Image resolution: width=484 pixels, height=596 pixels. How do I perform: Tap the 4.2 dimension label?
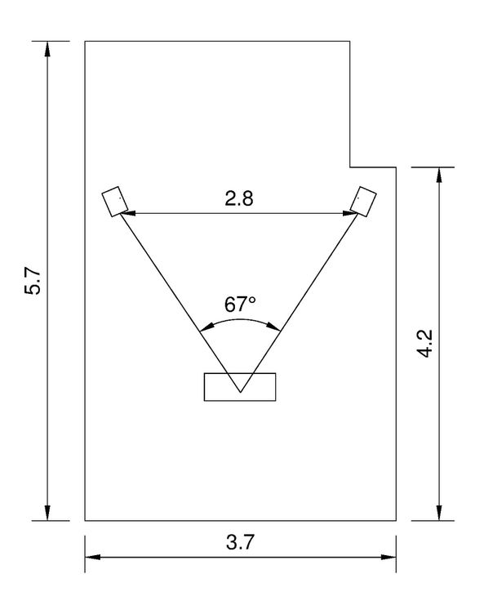424,343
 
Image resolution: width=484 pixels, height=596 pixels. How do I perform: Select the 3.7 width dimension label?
240,542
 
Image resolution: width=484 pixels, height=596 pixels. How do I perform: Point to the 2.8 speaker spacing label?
239,198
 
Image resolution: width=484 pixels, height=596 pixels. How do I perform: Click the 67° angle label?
240,304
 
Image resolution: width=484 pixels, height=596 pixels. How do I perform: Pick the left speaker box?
115,201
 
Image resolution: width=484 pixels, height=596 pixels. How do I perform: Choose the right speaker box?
363,202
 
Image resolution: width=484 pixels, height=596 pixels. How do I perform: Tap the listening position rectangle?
240,387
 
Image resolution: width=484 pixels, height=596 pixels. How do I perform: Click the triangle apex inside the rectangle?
240,392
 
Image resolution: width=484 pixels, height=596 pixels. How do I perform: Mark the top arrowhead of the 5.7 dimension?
47,48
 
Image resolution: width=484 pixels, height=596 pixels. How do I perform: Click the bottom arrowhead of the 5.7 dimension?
47,513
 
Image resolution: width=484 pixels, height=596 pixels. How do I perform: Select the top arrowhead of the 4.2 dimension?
440,175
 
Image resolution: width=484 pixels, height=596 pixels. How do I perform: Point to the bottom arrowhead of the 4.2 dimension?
440,513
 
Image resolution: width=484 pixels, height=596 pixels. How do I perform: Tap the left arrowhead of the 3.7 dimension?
92,558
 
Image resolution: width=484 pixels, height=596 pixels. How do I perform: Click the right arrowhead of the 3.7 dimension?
389,558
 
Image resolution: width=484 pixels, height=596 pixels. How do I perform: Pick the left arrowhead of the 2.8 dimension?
127,214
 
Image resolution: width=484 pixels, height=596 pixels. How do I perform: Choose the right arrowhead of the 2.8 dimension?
350,214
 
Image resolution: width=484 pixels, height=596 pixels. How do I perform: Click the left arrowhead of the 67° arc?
206,327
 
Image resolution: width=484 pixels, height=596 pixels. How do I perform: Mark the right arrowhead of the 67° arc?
274,327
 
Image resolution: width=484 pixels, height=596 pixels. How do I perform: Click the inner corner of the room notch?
350,167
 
